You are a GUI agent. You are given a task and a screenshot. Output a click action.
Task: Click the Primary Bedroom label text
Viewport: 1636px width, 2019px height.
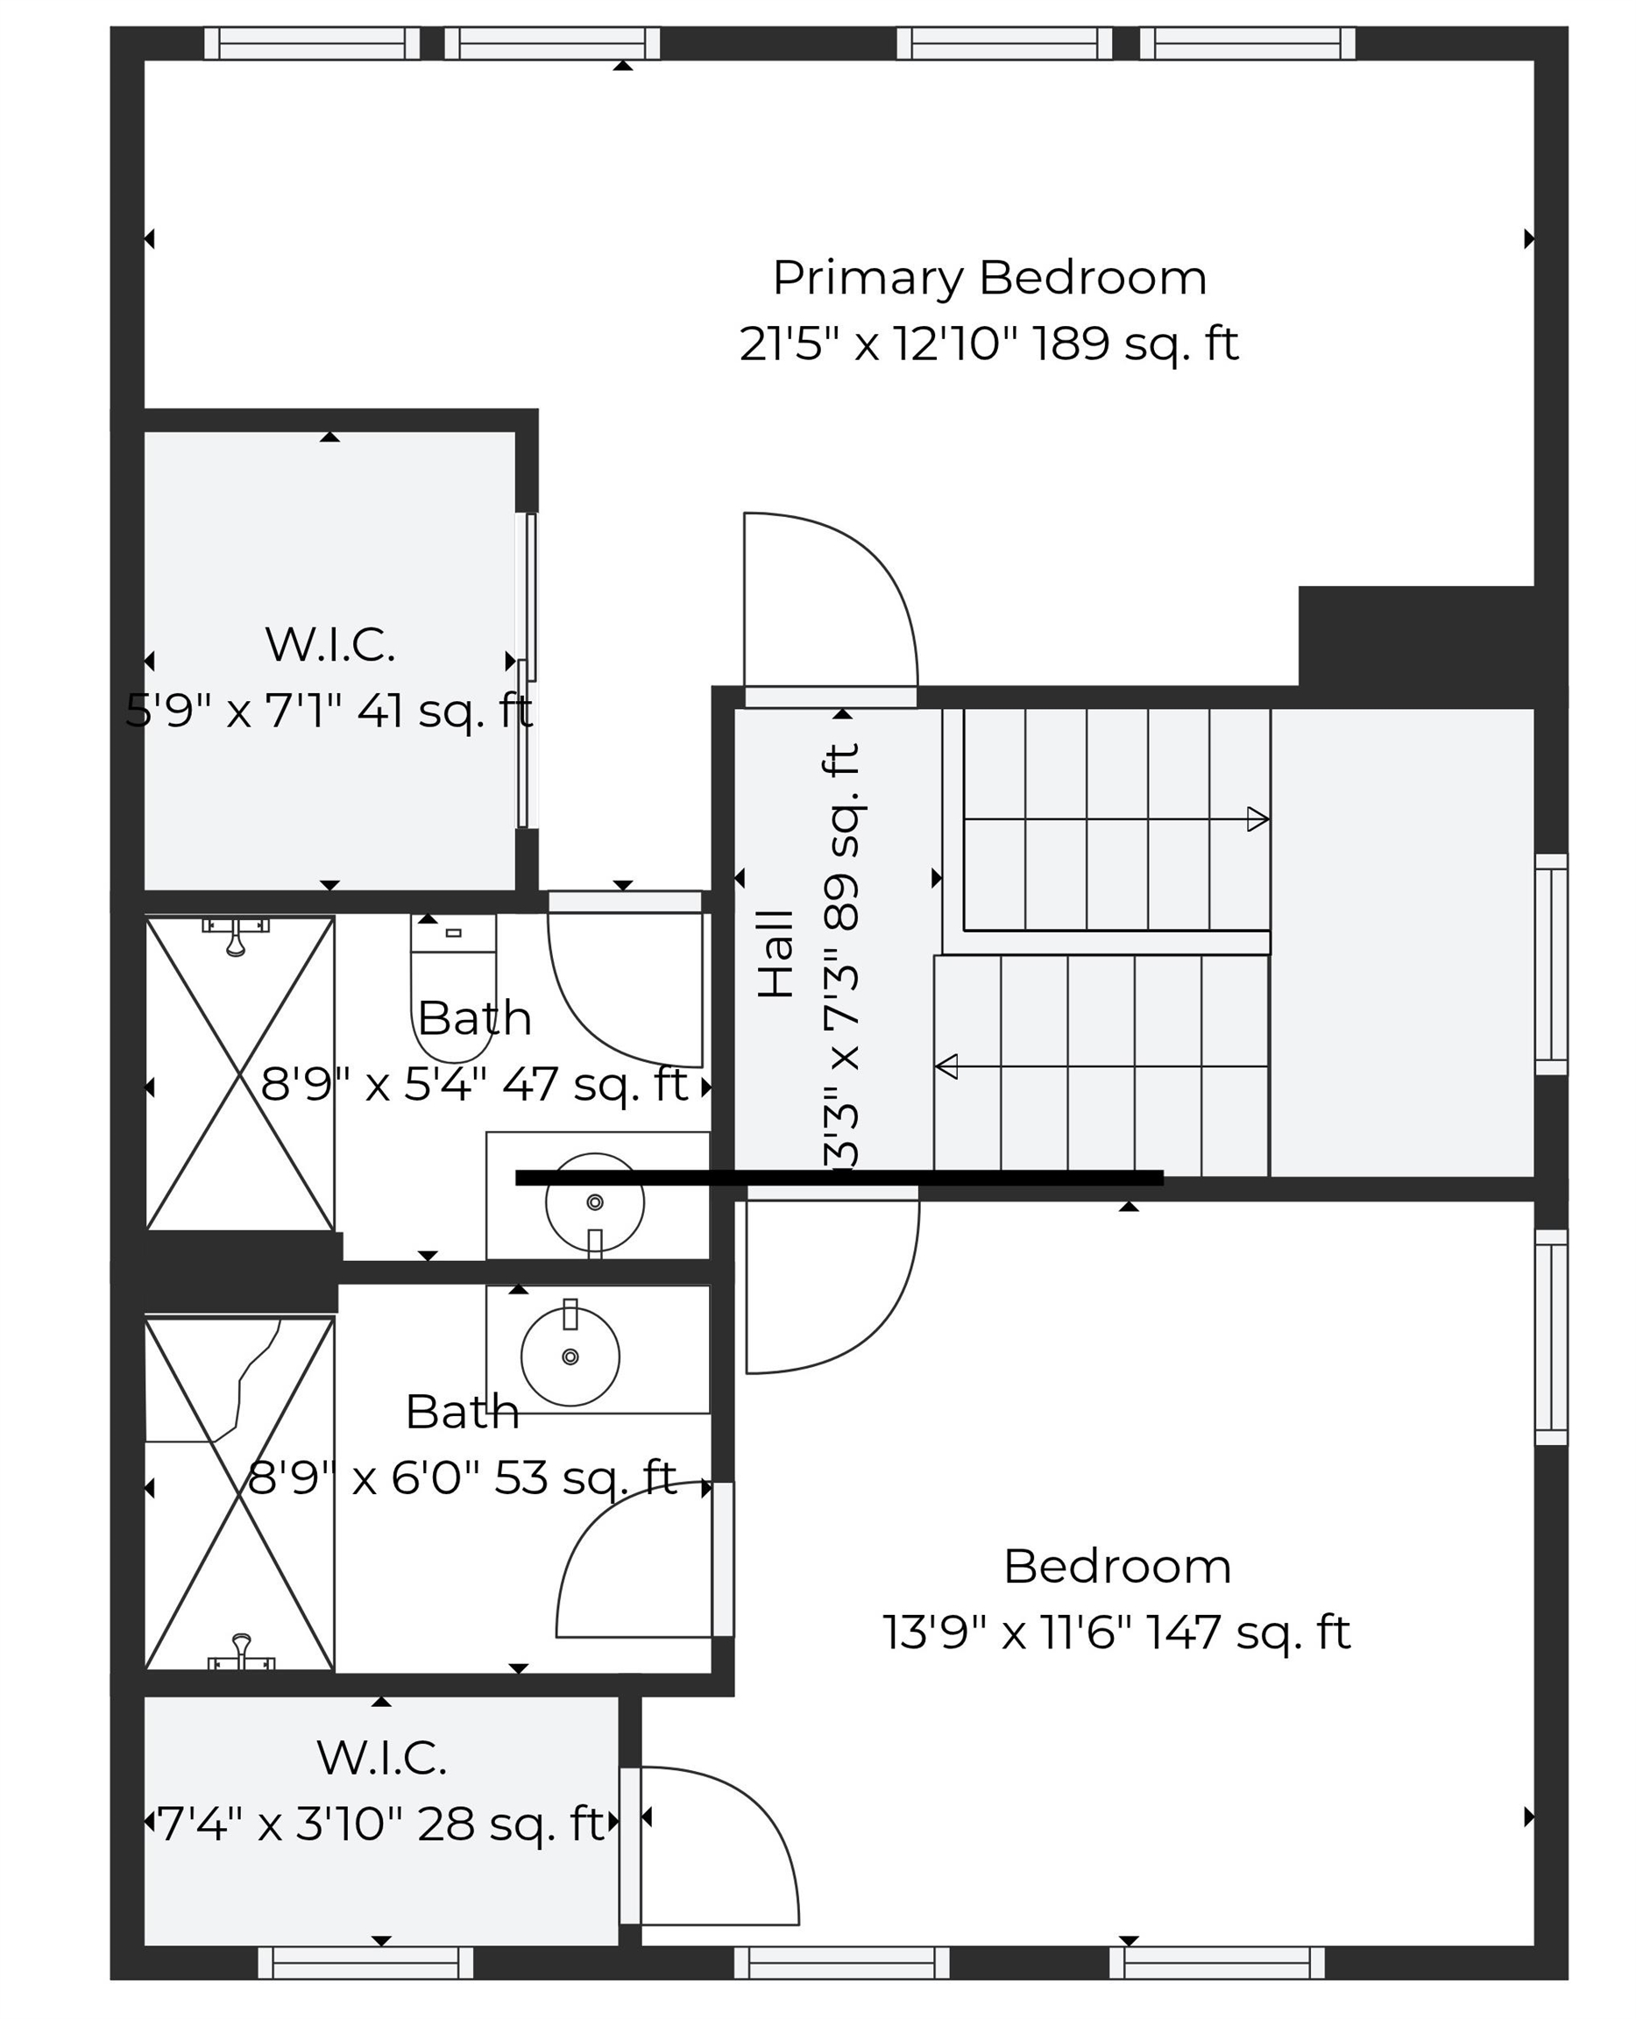(988, 278)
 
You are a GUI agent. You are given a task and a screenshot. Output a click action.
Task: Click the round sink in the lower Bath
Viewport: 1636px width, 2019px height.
(570, 1356)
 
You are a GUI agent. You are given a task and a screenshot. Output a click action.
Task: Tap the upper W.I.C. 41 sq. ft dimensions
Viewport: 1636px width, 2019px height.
(329, 712)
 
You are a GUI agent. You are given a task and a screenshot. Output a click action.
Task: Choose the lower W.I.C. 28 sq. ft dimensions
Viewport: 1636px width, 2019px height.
(379, 1823)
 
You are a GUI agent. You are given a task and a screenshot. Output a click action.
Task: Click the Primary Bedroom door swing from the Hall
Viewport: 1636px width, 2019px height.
(829, 603)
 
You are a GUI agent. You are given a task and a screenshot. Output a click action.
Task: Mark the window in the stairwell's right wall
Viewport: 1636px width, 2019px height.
(1550, 963)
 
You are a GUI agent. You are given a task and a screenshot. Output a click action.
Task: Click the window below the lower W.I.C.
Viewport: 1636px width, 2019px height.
(365, 1964)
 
